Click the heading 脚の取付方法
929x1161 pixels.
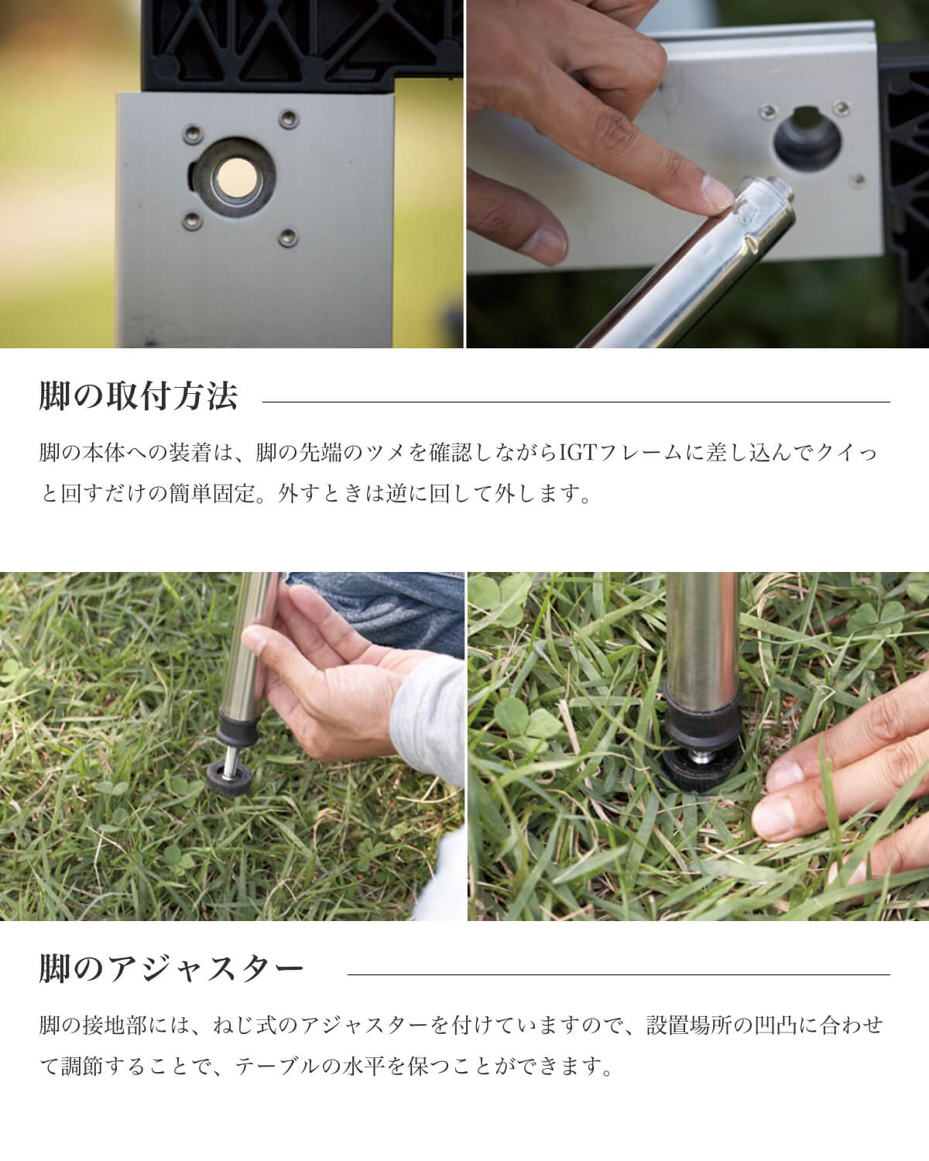(x=138, y=396)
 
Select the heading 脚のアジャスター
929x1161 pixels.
(x=171, y=969)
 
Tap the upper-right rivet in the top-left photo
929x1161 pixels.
(x=289, y=118)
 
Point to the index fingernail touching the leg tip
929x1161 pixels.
(x=715, y=191)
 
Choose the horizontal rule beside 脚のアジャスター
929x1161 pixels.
(x=619, y=974)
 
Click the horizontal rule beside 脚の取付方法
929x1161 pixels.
(x=576, y=402)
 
